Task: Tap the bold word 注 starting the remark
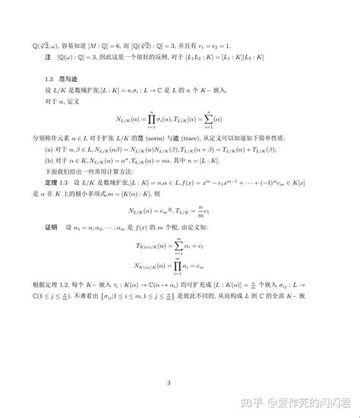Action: (x=49, y=57)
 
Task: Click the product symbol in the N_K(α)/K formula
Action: (x=179, y=266)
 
